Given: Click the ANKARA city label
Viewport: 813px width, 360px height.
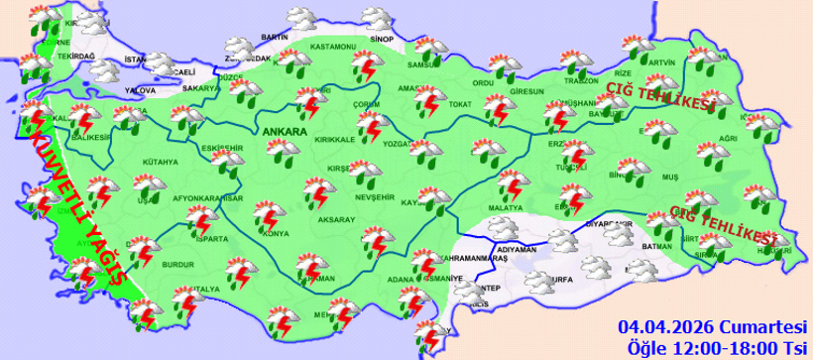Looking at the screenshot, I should click(x=284, y=129).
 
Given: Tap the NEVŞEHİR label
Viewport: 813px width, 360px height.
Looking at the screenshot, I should click(x=376, y=196).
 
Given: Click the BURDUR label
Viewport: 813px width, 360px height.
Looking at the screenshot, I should click(x=177, y=265).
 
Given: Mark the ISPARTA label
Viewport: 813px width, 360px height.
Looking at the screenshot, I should click(x=212, y=239).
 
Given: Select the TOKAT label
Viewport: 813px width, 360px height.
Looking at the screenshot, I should click(x=458, y=104).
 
